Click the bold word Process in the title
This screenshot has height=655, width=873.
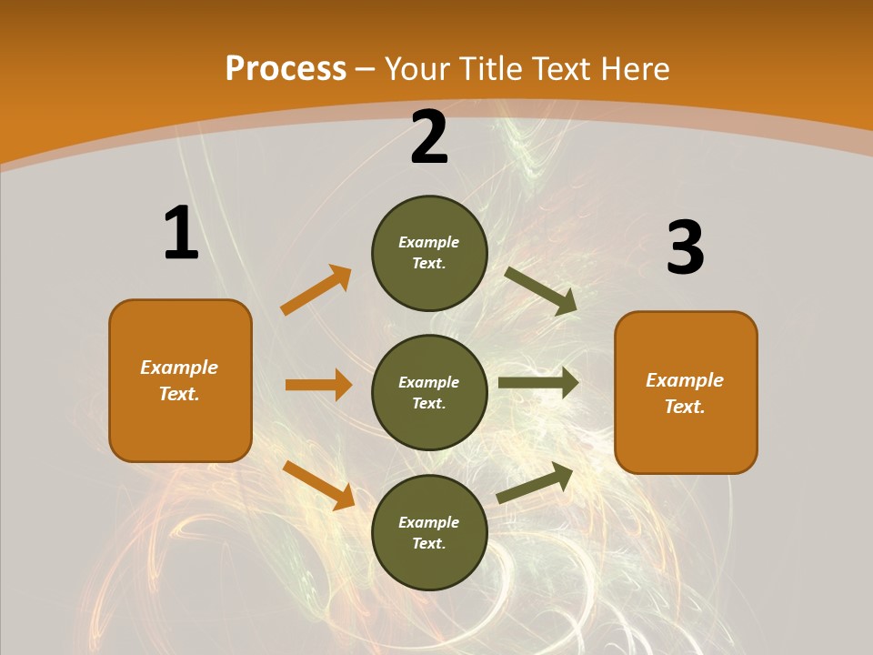[x=286, y=69]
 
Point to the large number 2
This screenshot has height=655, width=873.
[x=429, y=137]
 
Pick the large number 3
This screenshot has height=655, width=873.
[x=685, y=248]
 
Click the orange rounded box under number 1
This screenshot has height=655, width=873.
[x=180, y=380]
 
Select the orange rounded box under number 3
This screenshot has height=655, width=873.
[x=686, y=392]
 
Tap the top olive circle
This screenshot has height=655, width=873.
[x=429, y=253]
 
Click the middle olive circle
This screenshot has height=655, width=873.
[x=429, y=392]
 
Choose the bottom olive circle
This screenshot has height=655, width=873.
[x=429, y=532]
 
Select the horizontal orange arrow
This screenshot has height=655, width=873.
[x=318, y=385]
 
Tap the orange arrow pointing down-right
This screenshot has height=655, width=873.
[x=318, y=485]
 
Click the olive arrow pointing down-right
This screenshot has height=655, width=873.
[x=541, y=290]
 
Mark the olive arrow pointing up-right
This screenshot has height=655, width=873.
[x=535, y=482]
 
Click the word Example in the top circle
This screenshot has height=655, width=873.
[x=429, y=242]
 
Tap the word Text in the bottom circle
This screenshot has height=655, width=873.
[x=427, y=543]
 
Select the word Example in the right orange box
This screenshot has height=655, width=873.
[x=685, y=380]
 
